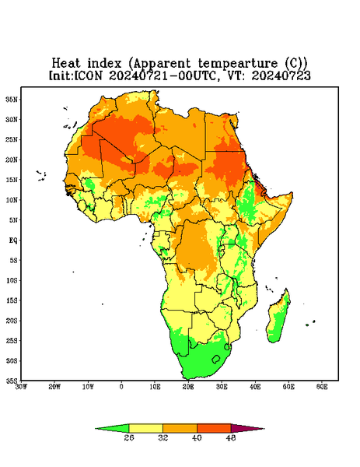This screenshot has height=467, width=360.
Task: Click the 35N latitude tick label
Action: [11, 99]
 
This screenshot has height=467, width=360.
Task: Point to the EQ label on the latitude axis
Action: [12, 240]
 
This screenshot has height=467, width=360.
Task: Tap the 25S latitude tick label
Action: [11, 340]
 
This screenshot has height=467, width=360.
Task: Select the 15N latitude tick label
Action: [11, 180]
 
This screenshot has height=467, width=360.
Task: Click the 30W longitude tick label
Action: [21, 387]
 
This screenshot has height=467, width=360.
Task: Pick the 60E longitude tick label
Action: [322, 387]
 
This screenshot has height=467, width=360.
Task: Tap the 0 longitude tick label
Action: [121, 387]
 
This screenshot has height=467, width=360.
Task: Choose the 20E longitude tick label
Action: [188, 387]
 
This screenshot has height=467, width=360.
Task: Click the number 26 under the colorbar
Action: [129, 437]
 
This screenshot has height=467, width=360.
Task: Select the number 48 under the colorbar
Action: [231, 437]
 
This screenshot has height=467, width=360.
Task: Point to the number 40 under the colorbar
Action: [197, 437]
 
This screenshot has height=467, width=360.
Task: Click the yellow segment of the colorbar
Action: [145, 428]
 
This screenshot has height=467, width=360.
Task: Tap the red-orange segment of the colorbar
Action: [214, 428]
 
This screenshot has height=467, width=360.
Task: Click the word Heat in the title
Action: [66, 64]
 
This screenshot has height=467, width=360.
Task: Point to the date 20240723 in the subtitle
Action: [281, 75]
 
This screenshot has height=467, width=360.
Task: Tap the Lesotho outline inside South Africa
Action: [216, 359]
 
